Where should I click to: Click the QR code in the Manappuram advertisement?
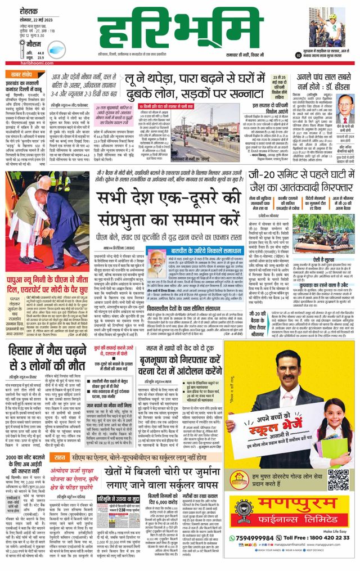[x=338, y=479]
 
